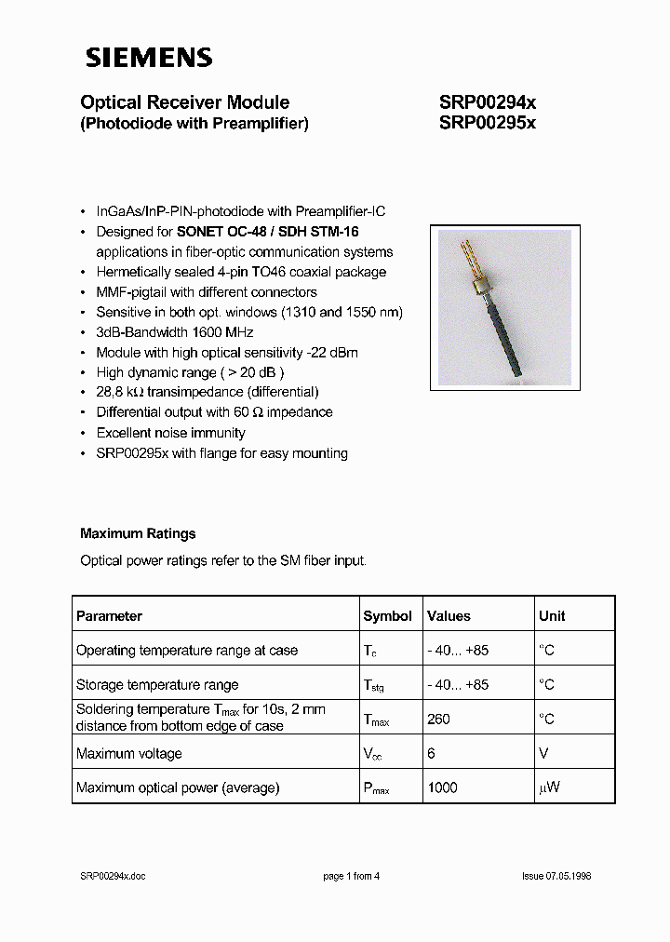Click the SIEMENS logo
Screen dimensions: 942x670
coord(149,58)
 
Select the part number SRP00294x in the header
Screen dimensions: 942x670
coord(487,102)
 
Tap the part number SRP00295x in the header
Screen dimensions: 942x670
coord(487,123)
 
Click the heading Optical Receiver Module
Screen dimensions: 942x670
coord(184,102)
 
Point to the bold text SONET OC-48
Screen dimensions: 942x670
coord(221,232)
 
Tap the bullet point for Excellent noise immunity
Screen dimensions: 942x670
coord(86,433)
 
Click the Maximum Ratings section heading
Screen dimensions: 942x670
coord(138,533)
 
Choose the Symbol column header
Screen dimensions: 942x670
coord(387,616)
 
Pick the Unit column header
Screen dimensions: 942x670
coord(552,616)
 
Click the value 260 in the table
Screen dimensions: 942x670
coord(438,719)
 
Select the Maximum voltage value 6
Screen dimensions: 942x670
coord(431,753)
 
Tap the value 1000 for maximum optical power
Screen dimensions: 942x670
coord(442,787)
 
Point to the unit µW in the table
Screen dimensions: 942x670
coord(548,787)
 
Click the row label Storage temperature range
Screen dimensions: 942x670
coord(157,685)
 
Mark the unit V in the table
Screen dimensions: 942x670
coord(543,753)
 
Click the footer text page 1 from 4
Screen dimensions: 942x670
coord(351,876)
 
